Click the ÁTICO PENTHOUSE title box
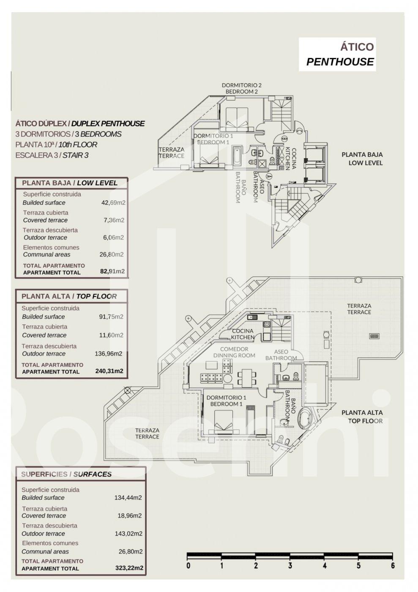click(337, 54)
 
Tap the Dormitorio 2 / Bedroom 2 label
click(241, 88)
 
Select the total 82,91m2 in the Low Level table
click(112, 271)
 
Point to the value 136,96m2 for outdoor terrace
click(108, 354)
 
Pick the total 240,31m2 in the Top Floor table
click(109, 371)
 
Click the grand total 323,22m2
click(129, 568)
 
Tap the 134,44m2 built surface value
click(128, 498)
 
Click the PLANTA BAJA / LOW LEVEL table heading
click(69, 183)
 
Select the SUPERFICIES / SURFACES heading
click(66, 474)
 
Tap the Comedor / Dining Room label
click(234, 352)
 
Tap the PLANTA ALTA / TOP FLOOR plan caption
click(362, 417)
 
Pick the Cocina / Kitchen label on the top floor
click(243, 334)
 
